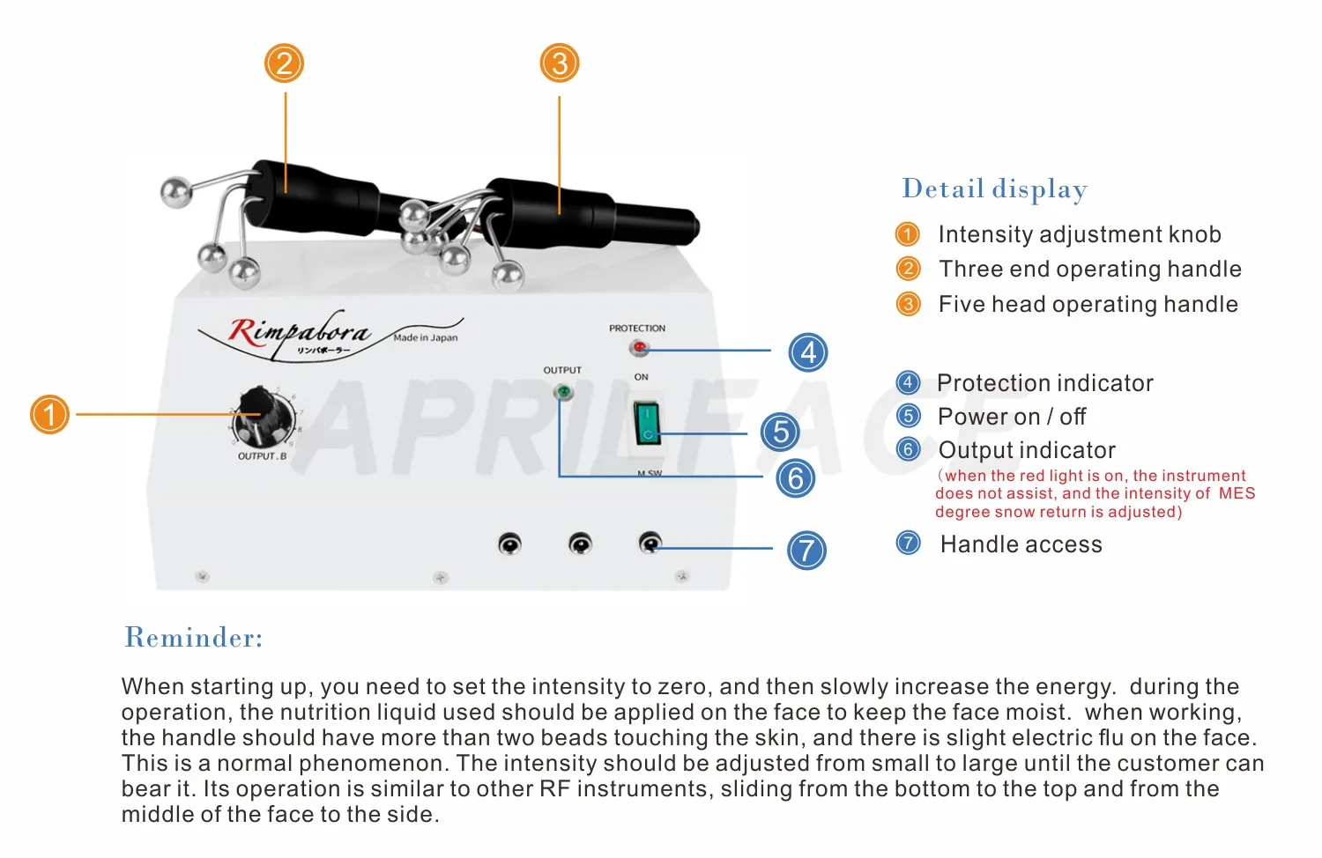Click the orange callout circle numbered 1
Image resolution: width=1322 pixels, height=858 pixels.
(x=50, y=414)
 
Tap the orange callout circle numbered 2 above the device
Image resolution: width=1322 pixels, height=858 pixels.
(x=285, y=63)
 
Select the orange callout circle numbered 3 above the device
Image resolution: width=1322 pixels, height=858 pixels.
(x=560, y=63)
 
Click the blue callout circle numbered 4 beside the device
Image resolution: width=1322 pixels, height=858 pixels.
(x=808, y=352)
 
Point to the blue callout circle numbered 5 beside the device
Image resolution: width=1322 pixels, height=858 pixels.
(x=780, y=433)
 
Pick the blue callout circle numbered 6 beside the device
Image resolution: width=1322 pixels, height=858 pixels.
(x=796, y=478)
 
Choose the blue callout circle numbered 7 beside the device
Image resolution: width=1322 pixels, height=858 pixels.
(x=806, y=551)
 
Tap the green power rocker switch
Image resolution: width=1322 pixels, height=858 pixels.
(x=646, y=424)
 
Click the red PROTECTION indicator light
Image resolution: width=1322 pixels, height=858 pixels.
(x=639, y=348)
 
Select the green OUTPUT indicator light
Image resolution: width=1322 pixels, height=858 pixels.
(x=562, y=391)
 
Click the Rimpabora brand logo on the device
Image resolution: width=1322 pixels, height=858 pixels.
(x=300, y=334)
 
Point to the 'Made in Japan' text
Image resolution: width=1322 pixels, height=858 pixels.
(x=426, y=337)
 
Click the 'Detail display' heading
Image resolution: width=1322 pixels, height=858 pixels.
(x=994, y=189)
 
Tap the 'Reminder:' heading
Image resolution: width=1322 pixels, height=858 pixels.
(x=194, y=637)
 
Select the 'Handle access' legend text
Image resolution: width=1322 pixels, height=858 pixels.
(x=1021, y=544)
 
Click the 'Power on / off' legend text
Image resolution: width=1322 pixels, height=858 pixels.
(x=1012, y=416)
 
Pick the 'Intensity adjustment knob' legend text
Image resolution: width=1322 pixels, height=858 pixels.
(x=1080, y=234)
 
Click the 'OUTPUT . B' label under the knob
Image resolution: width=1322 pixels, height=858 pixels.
(x=262, y=456)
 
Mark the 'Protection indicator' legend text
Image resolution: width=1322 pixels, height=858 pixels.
(x=1044, y=383)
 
